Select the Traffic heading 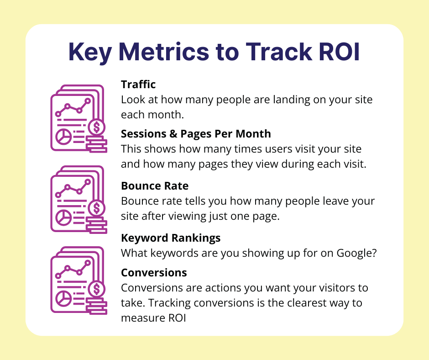(x=138, y=85)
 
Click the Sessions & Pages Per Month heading (x=196, y=134)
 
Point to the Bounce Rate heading (x=155, y=186)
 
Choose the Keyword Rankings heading (x=171, y=238)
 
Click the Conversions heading (x=154, y=273)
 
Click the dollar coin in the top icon (x=97, y=127)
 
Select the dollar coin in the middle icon (x=97, y=208)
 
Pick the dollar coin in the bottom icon (x=97, y=289)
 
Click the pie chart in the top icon (x=64, y=137)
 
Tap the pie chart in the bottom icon (x=64, y=298)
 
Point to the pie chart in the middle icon (x=64, y=217)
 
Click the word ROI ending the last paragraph (x=177, y=318)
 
